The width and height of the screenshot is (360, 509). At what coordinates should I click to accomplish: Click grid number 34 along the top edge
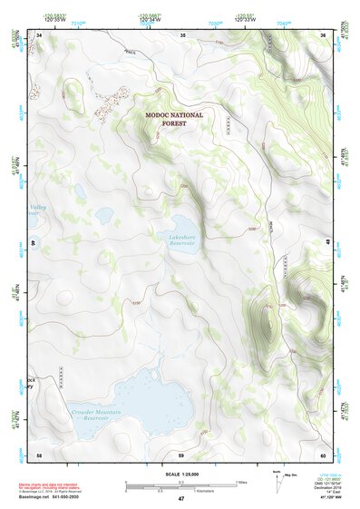click(40, 34)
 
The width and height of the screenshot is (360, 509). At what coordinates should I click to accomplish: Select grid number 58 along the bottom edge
click(39, 454)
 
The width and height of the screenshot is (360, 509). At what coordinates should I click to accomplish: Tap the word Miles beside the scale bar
click(241, 482)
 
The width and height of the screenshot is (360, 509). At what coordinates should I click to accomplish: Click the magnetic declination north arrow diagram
click(278, 483)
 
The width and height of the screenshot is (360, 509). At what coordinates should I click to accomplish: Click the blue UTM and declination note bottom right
click(326, 485)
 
